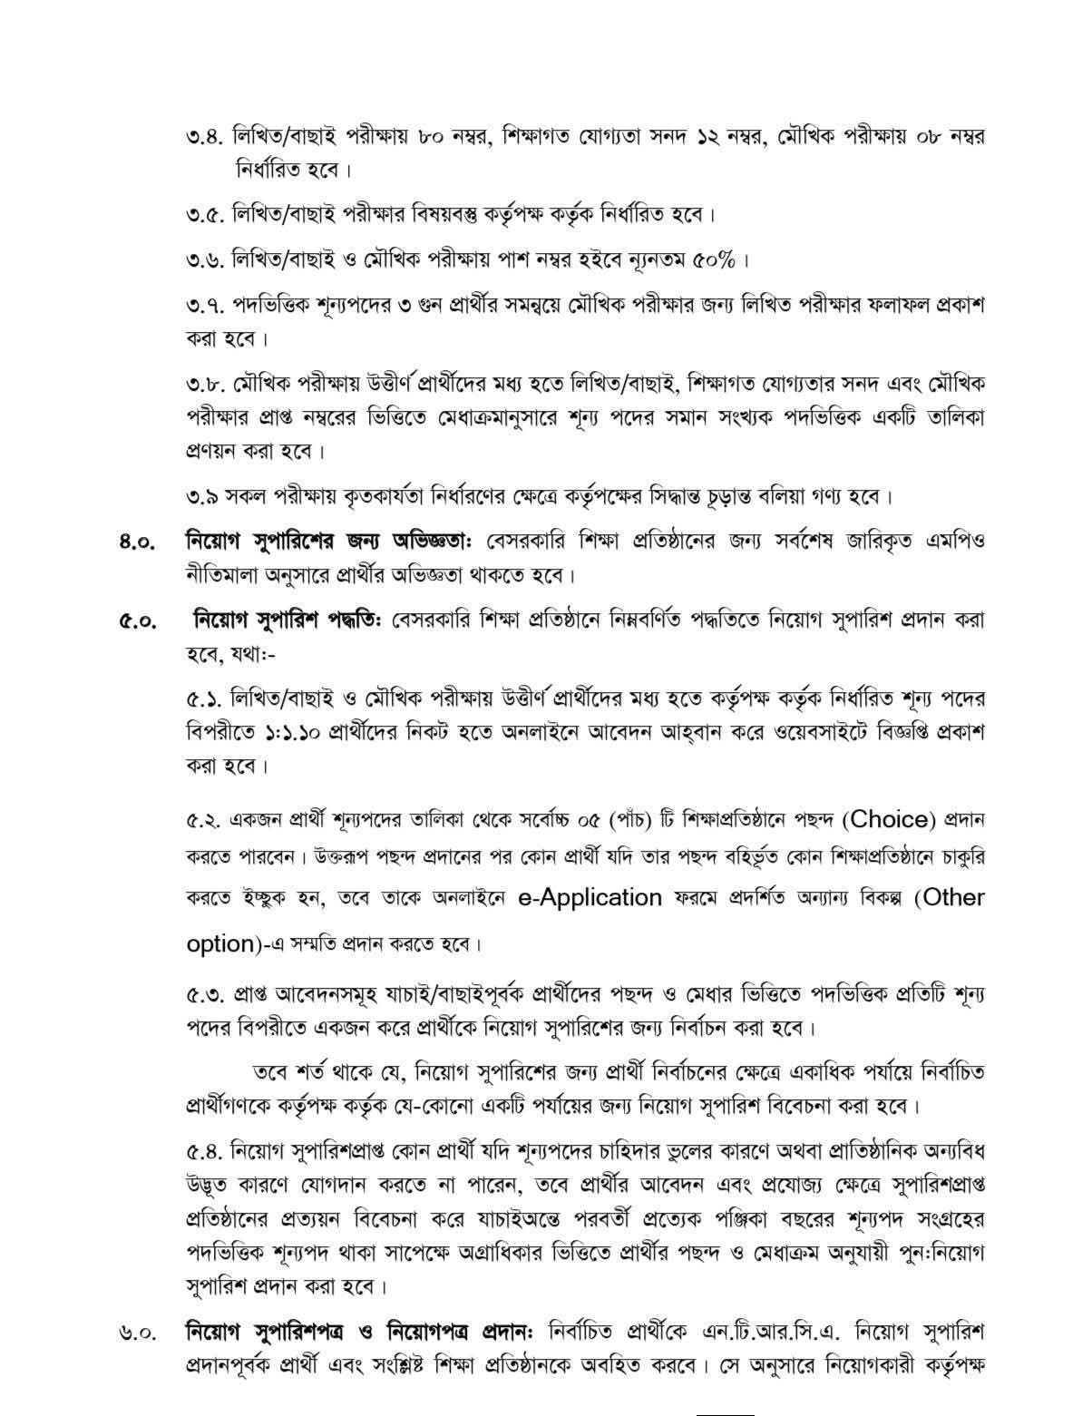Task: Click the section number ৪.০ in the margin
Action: click(x=135, y=543)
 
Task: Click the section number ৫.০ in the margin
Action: click(x=135, y=622)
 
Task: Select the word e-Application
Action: click(x=590, y=898)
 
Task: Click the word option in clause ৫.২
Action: click(x=219, y=943)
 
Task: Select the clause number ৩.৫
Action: click(x=203, y=216)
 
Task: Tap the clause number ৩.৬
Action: click(x=203, y=261)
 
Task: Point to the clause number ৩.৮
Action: click(x=203, y=385)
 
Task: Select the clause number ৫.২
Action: click(x=203, y=822)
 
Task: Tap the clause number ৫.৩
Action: click(x=203, y=995)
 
